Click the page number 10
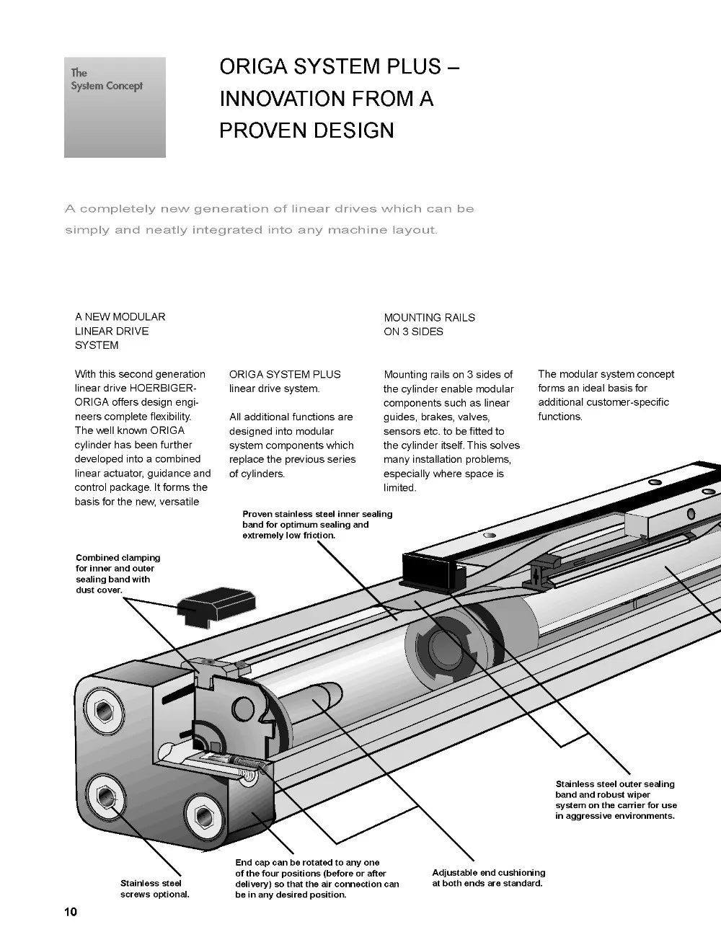[x=71, y=912]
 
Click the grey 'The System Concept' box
[x=115, y=107]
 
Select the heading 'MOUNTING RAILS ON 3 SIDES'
[x=429, y=324]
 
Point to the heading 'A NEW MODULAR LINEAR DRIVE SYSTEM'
[x=120, y=331]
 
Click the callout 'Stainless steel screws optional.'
[x=154, y=889]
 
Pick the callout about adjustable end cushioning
[x=488, y=878]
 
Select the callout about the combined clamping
[x=118, y=574]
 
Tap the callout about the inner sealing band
[x=317, y=525]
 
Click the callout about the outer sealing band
[x=616, y=799]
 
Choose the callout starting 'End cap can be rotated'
[x=317, y=878]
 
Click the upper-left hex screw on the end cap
[x=100, y=711]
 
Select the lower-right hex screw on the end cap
[x=201, y=815]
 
